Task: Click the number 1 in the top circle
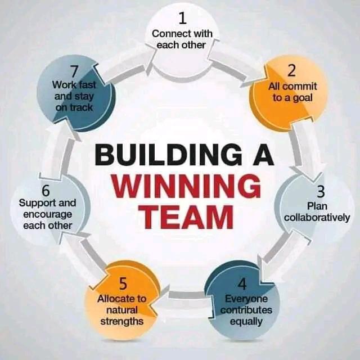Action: [x=182, y=19]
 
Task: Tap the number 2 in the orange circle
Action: [x=291, y=71]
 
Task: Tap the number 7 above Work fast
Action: [x=73, y=71]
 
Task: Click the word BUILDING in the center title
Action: [x=161, y=155]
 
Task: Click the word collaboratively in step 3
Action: [x=317, y=218]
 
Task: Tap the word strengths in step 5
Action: [x=121, y=322]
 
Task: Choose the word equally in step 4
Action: [x=246, y=322]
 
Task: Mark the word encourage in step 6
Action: [x=48, y=214]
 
